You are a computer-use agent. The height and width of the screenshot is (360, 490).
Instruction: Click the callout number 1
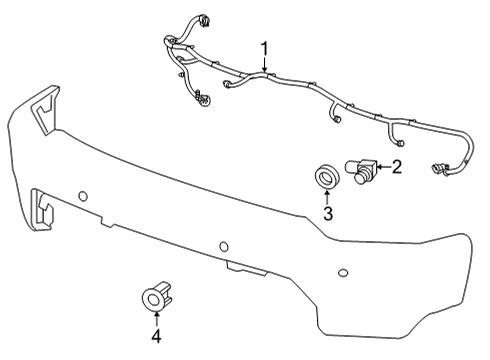(265, 48)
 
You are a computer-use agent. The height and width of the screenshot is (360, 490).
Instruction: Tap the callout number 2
(396, 167)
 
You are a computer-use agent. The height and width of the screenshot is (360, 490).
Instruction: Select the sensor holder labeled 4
(156, 296)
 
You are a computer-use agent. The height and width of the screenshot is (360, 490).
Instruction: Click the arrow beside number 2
(382, 167)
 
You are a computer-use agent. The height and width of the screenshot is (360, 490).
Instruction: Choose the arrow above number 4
(156, 317)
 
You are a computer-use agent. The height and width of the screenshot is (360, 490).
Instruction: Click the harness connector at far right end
(439, 169)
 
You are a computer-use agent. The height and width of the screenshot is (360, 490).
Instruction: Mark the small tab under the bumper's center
(240, 268)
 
